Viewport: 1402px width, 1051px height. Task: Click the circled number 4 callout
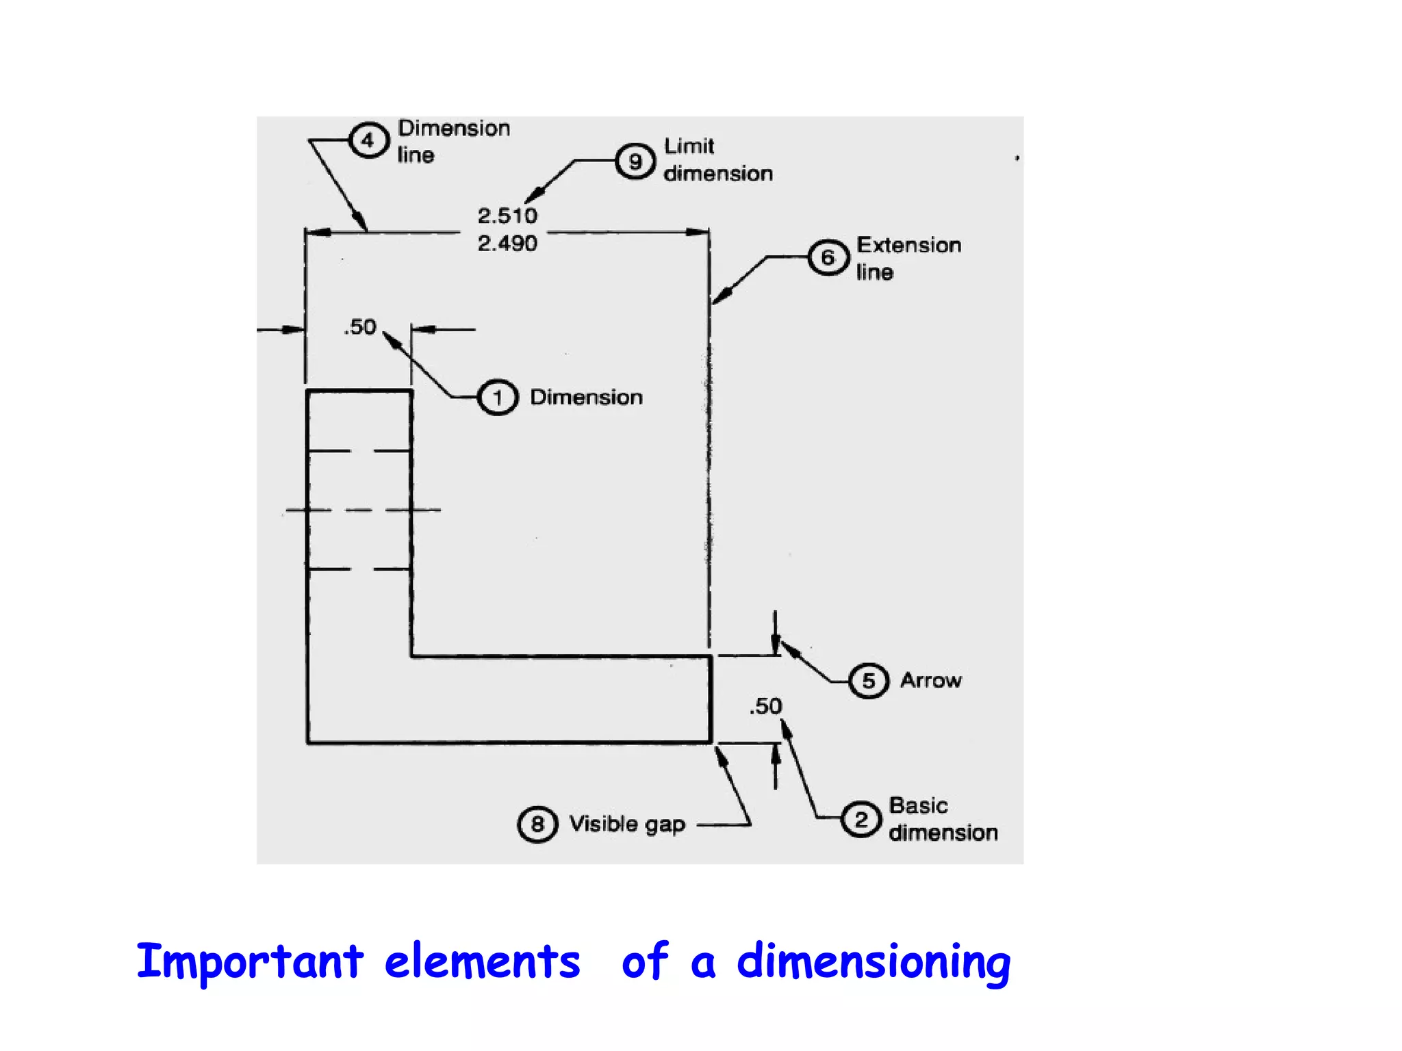pyautogui.click(x=369, y=140)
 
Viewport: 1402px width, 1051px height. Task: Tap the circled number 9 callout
pyautogui.click(x=635, y=161)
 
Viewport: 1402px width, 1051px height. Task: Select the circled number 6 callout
pyautogui.click(x=828, y=258)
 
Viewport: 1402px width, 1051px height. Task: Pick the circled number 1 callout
pyautogui.click(x=498, y=398)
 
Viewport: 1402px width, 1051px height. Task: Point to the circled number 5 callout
pyautogui.click(x=869, y=681)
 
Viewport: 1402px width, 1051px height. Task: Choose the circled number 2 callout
pyautogui.click(x=861, y=819)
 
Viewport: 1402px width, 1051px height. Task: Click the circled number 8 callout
pyautogui.click(x=537, y=824)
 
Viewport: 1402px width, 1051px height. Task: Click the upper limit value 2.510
pyautogui.click(x=507, y=216)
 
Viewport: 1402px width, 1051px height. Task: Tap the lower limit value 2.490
pyautogui.click(x=507, y=244)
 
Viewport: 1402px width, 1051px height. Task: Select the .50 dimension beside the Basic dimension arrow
pyautogui.click(x=765, y=706)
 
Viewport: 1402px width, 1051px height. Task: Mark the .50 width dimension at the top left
pyautogui.click(x=360, y=327)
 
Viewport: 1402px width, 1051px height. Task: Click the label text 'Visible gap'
pyautogui.click(x=627, y=825)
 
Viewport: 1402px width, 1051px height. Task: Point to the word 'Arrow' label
pyautogui.click(x=931, y=680)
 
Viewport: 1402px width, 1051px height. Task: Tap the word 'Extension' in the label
pyautogui.click(x=909, y=245)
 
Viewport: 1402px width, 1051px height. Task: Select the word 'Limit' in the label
pyautogui.click(x=689, y=146)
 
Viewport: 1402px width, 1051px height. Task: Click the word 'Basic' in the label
pyautogui.click(x=918, y=805)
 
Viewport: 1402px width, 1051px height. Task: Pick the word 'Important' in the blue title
pyautogui.click(x=250, y=961)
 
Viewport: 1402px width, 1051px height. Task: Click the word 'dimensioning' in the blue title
pyautogui.click(x=874, y=962)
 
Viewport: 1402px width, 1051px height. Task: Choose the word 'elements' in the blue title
pyautogui.click(x=482, y=961)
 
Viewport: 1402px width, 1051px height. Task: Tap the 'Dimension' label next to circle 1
pyautogui.click(x=587, y=398)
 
